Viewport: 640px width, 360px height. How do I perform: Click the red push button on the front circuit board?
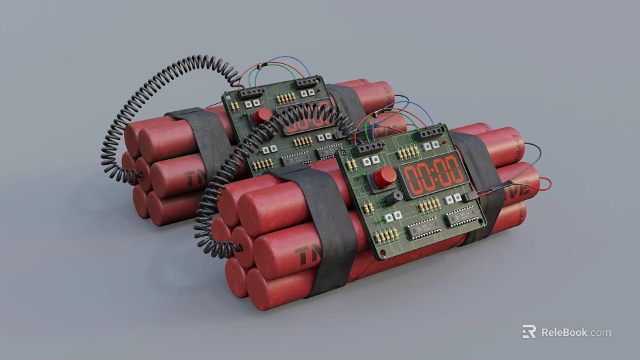point(384,177)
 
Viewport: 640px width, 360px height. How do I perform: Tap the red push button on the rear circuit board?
point(262,115)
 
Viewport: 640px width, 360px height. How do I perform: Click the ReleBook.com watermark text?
point(575,332)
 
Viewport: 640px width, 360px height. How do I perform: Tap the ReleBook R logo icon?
point(529,331)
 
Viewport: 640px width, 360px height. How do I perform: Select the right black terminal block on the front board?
point(431,133)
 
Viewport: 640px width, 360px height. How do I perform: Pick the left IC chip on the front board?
point(424,229)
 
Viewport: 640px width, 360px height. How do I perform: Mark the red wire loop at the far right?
point(543,183)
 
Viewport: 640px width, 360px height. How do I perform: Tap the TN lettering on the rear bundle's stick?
point(195,179)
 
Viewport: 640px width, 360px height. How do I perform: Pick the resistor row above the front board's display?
point(408,153)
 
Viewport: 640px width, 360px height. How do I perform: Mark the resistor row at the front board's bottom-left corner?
point(386,235)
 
